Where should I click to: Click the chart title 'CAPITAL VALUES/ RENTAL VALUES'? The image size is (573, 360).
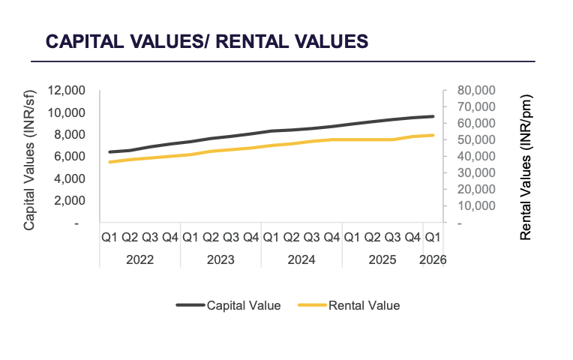(x=207, y=41)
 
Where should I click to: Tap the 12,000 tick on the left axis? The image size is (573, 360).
(x=67, y=91)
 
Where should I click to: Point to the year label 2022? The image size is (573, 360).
(x=139, y=259)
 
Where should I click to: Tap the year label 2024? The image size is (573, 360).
(x=301, y=259)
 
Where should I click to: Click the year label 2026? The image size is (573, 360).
(x=433, y=259)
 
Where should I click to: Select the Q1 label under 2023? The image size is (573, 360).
(x=190, y=238)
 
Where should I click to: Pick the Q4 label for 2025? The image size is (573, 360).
(x=412, y=238)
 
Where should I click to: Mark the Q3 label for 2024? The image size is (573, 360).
(x=311, y=238)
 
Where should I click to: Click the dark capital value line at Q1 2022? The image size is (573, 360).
(x=109, y=152)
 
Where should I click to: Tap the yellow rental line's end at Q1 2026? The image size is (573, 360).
(x=433, y=135)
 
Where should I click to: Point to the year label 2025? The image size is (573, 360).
(x=382, y=259)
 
